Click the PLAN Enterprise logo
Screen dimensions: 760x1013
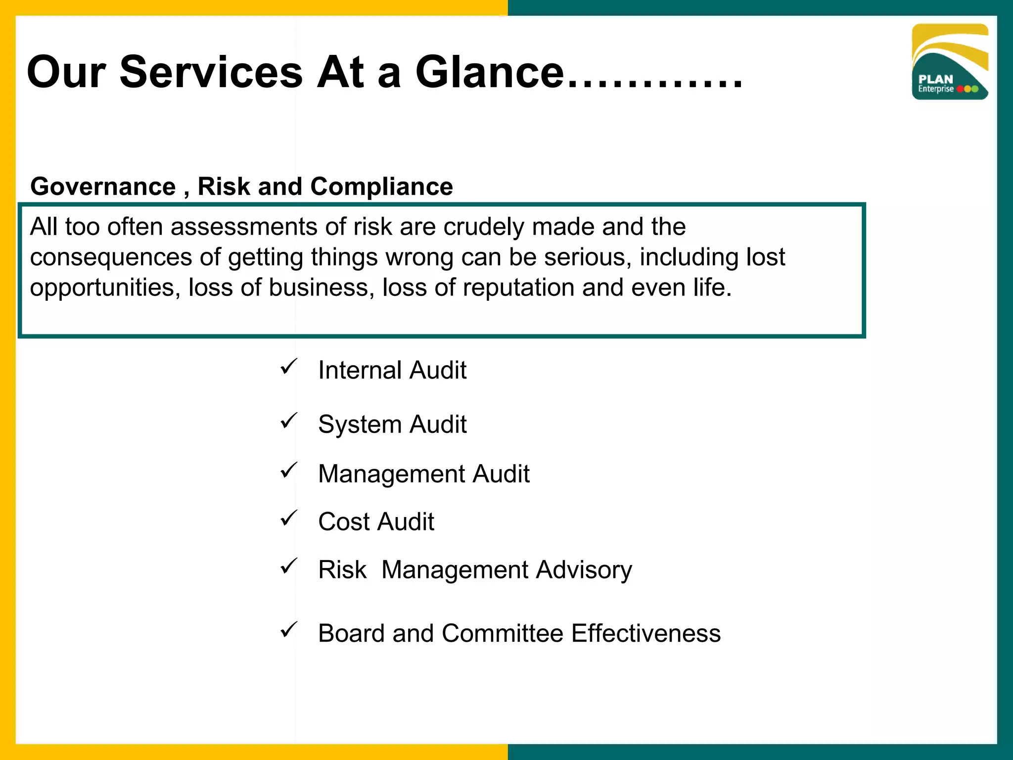pos(950,62)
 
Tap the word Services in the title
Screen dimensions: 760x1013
pos(211,72)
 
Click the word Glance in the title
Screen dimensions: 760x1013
pos(490,72)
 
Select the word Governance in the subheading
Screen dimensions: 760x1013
pos(103,187)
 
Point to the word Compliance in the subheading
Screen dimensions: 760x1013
pos(381,187)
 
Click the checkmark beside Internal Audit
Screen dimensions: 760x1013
pos(288,367)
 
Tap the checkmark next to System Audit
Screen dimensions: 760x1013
pos(288,421)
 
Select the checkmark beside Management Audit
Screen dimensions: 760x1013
pos(288,471)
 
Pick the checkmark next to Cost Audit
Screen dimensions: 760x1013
pos(288,519)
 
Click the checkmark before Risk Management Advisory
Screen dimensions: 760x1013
pos(288,567)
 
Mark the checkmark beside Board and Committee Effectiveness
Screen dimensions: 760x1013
pos(288,630)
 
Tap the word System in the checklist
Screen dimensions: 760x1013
pos(360,425)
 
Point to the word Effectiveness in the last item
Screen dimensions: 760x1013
pos(646,633)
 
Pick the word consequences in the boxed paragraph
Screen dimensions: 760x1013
pos(111,258)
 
